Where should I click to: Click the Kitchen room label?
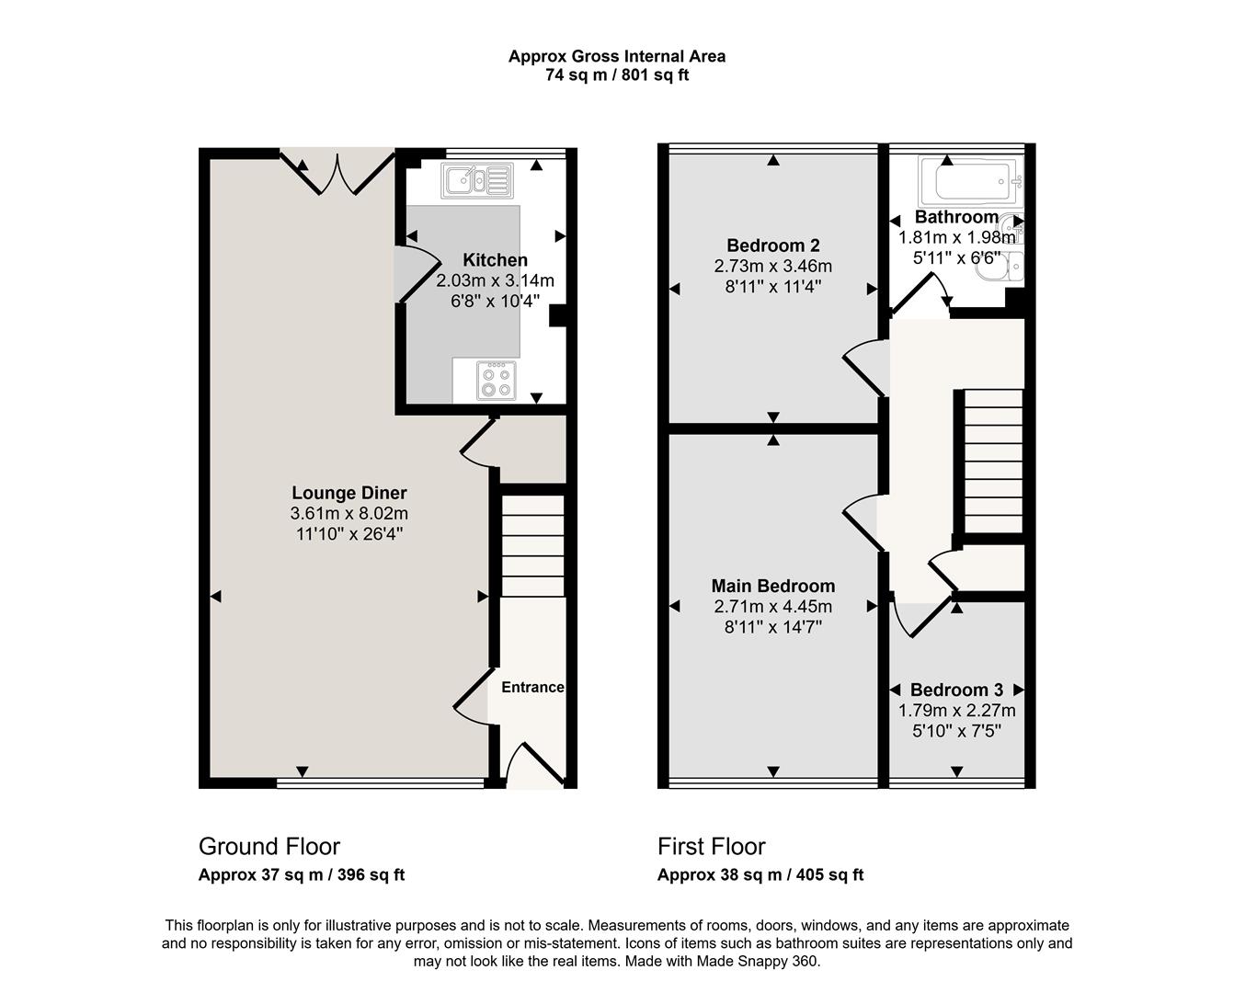pyautogui.click(x=495, y=259)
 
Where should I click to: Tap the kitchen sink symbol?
pyautogui.click(x=477, y=181)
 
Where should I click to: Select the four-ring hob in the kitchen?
pyautogui.click(x=496, y=381)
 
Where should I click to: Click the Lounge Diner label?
pyautogui.click(x=349, y=493)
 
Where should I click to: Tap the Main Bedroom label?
pyautogui.click(x=773, y=586)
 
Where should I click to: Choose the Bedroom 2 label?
pyautogui.click(x=773, y=245)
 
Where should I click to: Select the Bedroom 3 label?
pyautogui.click(x=956, y=690)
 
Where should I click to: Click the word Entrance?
pyautogui.click(x=532, y=687)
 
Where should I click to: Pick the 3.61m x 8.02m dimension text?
pyautogui.click(x=349, y=513)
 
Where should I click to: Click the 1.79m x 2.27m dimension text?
pyautogui.click(x=956, y=711)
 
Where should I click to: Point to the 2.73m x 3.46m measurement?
pyautogui.click(x=773, y=266)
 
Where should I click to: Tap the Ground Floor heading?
pyautogui.click(x=269, y=846)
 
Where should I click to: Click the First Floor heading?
pyautogui.click(x=711, y=846)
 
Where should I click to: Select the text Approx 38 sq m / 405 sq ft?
pyautogui.click(x=760, y=875)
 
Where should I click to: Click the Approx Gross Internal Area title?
pyautogui.click(x=617, y=56)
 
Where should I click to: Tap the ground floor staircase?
pyautogui.click(x=532, y=546)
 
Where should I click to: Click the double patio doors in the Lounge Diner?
pyautogui.click(x=337, y=172)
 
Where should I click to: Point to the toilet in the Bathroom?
pyautogui.click(x=1002, y=267)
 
